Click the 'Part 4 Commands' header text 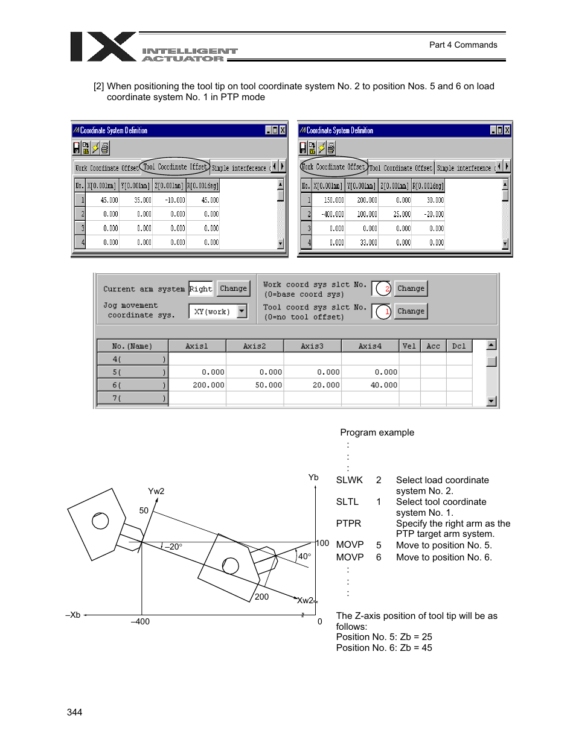tap(463, 45)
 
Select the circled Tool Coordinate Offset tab tap(175, 166)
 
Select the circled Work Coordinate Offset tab tap(334, 166)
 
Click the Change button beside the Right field tap(233, 288)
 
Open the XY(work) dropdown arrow tap(242, 311)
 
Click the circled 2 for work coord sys tap(382, 289)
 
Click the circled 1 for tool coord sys tap(382, 312)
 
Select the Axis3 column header tap(312, 346)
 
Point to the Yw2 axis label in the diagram tap(156, 491)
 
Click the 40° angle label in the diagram tap(304, 556)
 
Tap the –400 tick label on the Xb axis tap(140, 621)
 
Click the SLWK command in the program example tap(350, 480)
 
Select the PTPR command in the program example tap(348, 524)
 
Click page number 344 tap(75, 712)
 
